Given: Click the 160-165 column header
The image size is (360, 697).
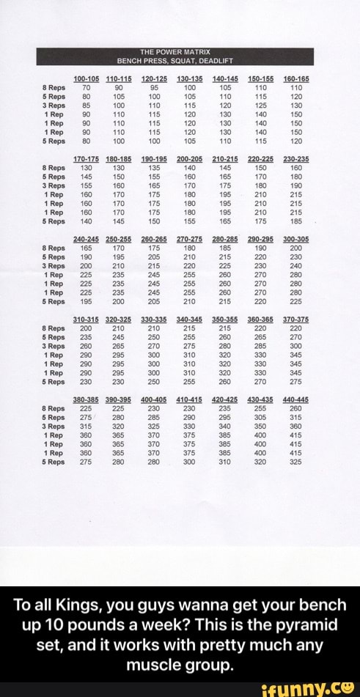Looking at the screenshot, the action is click(296, 78).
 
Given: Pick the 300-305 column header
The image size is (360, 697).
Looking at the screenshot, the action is click(296, 240).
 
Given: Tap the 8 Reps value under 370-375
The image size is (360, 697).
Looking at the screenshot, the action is click(296, 329).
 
